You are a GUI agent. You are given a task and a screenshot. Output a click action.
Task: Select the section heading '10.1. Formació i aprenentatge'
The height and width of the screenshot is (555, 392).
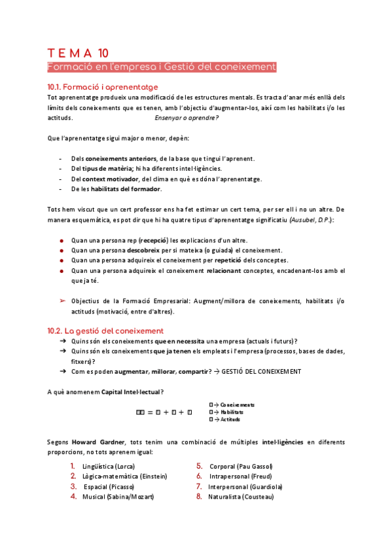point(102,86)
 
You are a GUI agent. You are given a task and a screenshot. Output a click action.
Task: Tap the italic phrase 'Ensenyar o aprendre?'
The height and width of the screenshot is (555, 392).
point(187,118)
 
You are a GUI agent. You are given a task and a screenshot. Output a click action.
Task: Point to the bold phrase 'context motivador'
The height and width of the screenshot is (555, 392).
point(111,179)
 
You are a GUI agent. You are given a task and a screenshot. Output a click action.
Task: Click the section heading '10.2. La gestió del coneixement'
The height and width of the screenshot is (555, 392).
point(105,331)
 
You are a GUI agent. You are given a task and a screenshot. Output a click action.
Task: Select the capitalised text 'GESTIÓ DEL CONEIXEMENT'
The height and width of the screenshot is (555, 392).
point(262,371)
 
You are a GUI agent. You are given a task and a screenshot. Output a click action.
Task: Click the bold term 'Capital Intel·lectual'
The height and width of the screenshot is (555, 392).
point(130,392)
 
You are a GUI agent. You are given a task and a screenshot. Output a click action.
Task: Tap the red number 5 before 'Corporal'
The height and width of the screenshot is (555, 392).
point(198,466)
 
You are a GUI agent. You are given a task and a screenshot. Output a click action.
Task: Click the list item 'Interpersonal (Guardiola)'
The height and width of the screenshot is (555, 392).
point(245,486)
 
